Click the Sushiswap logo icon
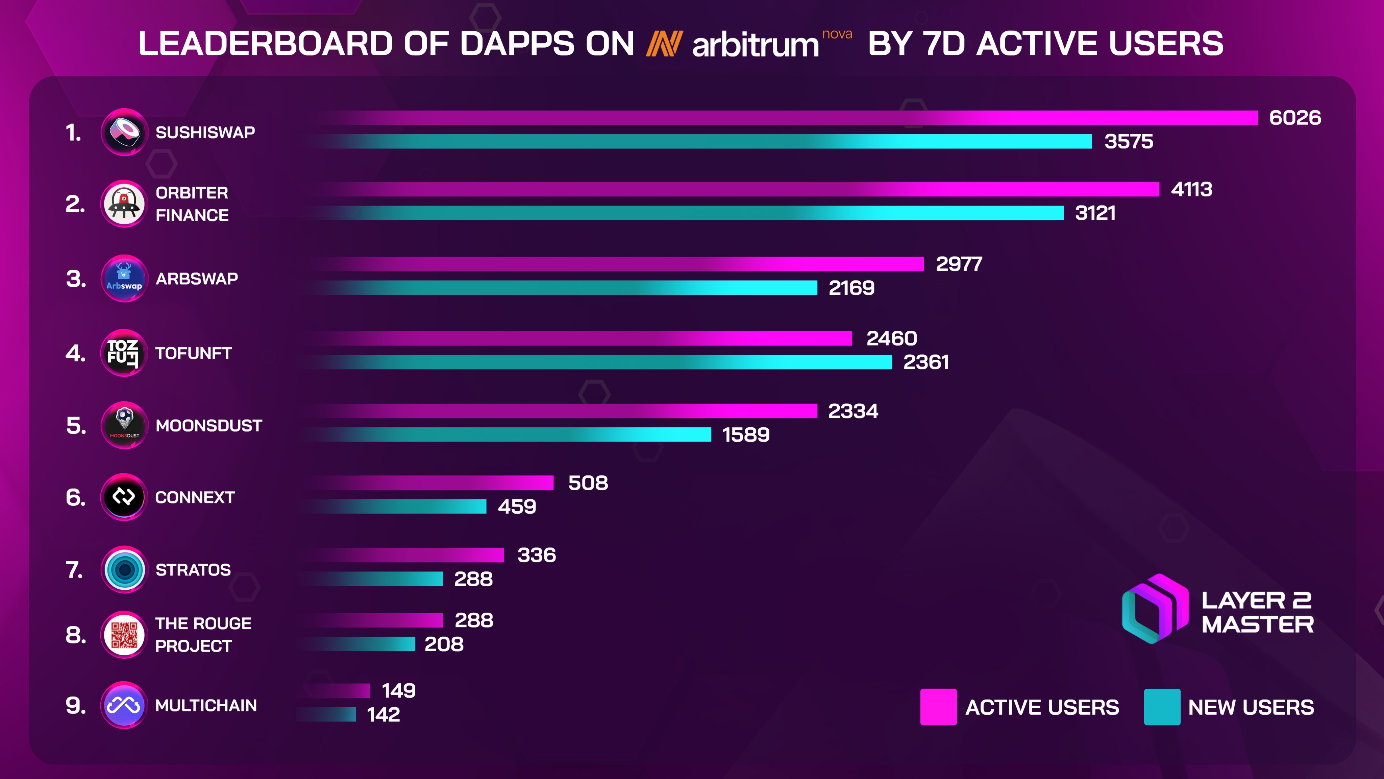[x=124, y=132]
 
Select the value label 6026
[x=1295, y=117]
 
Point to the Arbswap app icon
[x=124, y=279]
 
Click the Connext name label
[x=195, y=497]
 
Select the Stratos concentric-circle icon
[x=124, y=569]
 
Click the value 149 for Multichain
[x=398, y=690]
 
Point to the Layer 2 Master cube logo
[x=1155, y=609]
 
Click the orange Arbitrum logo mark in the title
[x=664, y=44]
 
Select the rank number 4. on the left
[x=75, y=353]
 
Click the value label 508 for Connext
[x=588, y=483]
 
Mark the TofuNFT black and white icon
[x=124, y=353]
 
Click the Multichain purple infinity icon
[x=124, y=705]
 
